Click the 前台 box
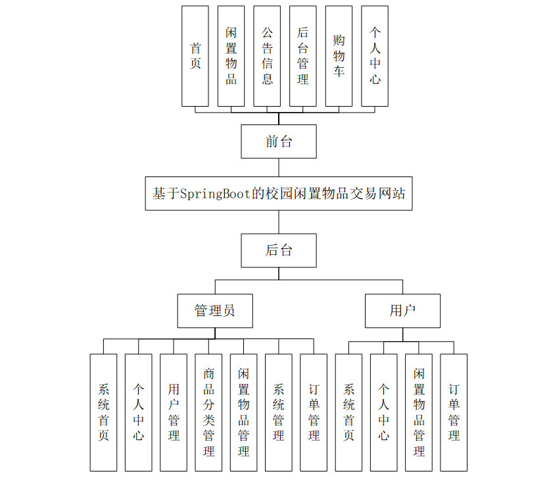278,142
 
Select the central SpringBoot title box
278,194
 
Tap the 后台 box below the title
278,250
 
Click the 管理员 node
215,311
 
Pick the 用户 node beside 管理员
402,311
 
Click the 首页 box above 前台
195,56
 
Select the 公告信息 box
267,56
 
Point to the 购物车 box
339,56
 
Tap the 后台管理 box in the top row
302,56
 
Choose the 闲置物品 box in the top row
231,56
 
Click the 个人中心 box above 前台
375,56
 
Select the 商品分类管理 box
208,412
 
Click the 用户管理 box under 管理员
174,412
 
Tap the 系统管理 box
279,412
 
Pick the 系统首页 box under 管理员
103,412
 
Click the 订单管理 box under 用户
454,412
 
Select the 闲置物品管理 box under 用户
419,412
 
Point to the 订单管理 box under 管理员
314,412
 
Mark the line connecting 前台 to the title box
278,167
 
